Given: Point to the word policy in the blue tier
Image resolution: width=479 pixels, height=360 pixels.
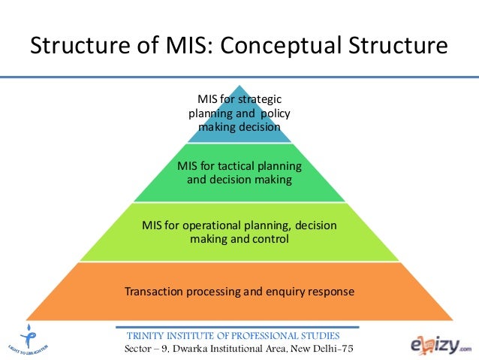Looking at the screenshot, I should click(x=274, y=113).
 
